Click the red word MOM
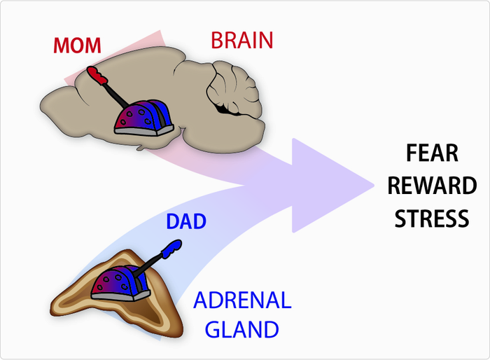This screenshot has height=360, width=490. click(78, 46)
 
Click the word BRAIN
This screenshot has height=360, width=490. click(241, 41)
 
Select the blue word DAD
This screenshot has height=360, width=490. click(185, 222)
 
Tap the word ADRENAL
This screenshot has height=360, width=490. click(241, 301)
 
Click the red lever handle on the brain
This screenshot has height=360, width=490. click(96, 74)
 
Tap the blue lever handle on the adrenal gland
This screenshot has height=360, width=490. click(172, 247)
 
